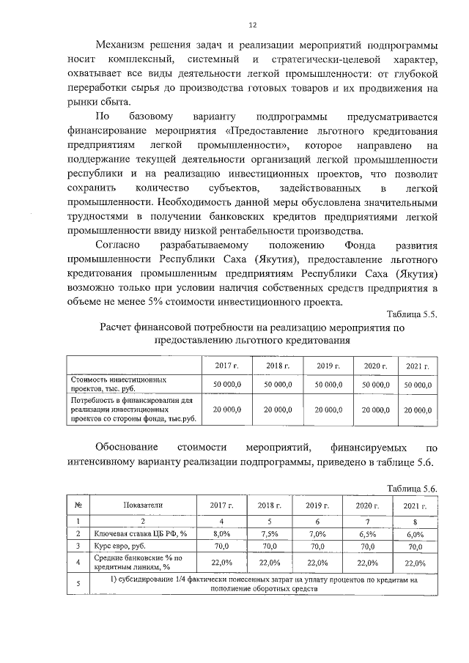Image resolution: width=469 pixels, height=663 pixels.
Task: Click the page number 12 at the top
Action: pos(251,24)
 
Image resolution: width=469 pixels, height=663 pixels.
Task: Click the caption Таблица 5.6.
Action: pos(413,488)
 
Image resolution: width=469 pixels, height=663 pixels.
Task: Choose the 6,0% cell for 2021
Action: pos(415,535)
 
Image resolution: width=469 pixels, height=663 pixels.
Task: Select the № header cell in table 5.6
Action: pos(78,505)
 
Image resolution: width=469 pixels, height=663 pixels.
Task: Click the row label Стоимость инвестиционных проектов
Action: pos(117,385)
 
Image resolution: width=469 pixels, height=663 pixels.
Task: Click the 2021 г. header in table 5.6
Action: pos(415,506)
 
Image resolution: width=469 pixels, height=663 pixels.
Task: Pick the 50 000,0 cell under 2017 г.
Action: pos(227,384)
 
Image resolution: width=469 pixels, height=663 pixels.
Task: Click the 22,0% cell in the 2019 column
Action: pos(317,563)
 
